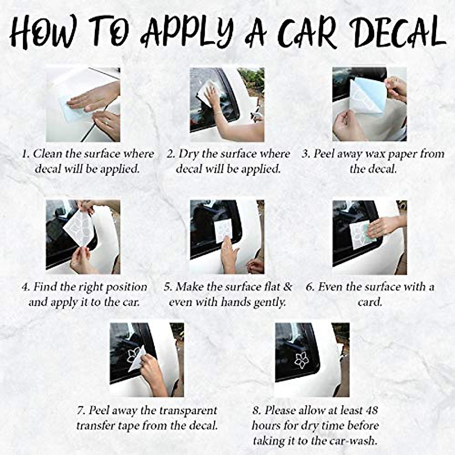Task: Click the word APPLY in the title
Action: (186, 31)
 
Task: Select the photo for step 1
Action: (83, 105)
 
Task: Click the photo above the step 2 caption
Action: (227, 105)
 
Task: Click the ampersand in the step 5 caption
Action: (287, 287)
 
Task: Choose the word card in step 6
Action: (370, 302)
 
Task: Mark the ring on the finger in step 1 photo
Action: (107, 123)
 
